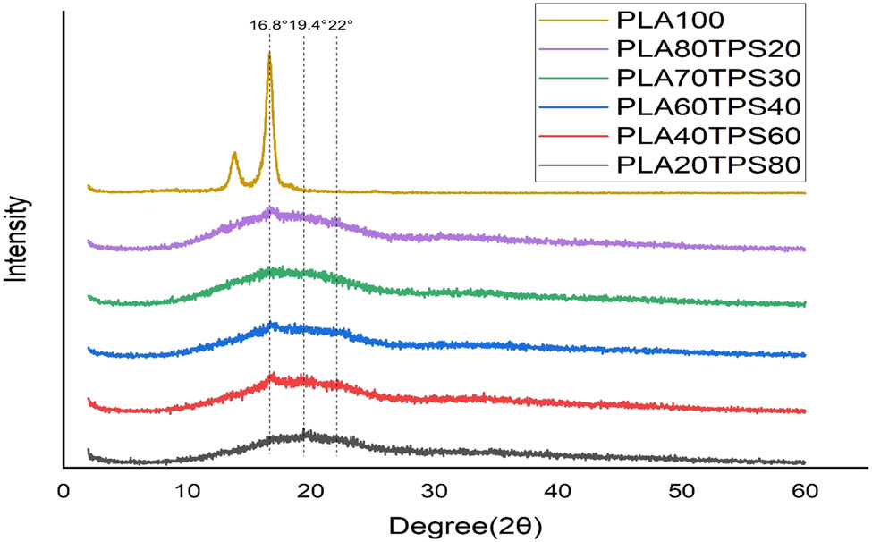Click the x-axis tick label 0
tap(63, 490)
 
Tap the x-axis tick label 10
tap(187, 490)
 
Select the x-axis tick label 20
tap(310, 490)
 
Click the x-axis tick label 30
tap(435, 490)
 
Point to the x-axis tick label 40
tap(558, 490)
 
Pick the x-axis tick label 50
tap(682, 490)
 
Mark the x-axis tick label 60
tap(805, 490)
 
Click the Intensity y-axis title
tap(20, 240)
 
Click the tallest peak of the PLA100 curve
tap(269, 55)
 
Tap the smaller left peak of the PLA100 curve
tap(234, 154)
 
